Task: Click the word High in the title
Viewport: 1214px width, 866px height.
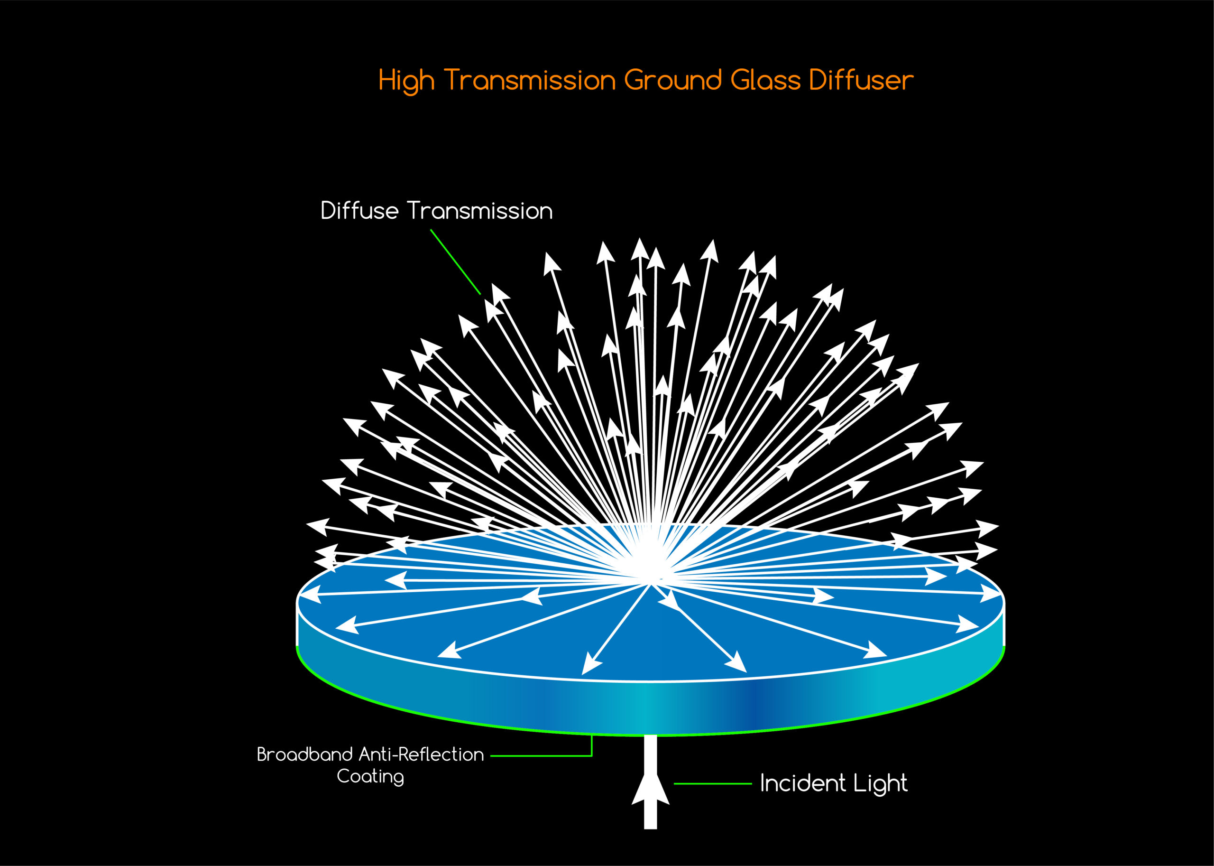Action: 406,81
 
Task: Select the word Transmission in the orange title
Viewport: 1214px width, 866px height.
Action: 530,80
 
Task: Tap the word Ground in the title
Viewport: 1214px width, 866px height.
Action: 672,80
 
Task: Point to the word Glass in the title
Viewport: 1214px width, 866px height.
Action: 765,80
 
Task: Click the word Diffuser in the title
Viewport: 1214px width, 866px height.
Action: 861,80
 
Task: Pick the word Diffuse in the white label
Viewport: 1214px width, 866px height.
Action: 359,211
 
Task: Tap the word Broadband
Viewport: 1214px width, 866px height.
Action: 304,754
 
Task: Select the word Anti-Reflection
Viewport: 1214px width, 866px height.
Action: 421,754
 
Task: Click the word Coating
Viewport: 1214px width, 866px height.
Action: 370,777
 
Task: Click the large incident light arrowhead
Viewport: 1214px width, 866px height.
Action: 650,789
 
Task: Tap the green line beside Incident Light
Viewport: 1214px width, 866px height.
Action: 713,783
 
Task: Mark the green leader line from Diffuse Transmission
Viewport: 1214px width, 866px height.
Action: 455,261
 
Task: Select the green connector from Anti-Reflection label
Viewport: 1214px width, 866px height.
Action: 541,755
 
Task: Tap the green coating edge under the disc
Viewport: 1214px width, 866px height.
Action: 426,715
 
